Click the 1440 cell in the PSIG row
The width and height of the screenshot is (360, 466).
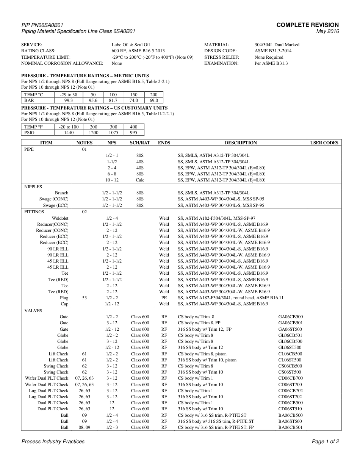pyautogui.click(x=69, y=133)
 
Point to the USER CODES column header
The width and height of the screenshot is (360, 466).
pyautogui.click(x=324, y=143)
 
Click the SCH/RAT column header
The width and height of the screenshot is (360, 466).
pyautogui.click(x=140, y=143)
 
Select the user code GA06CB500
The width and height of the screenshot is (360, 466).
pyautogui.click(x=290, y=317)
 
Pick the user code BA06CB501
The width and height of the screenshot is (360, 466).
pyautogui.click(x=290, y=427)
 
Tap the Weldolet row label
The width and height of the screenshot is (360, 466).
pyautogui.click(x=60, y=218)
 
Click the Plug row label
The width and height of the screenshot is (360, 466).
pyautogui.click(x=64, y=298)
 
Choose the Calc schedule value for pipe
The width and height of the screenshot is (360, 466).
pyautogui.click(x=140, y=180)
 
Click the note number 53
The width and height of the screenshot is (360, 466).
pyautogui.click(x=84, y=298)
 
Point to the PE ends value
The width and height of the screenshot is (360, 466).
pyautogui.click(x=164, y=298)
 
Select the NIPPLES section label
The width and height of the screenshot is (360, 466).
pyautogui.click(x=33, y=187)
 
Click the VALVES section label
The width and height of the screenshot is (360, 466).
pyautogui.click(x=33, y=311)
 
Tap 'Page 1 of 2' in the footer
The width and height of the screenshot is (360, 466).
pyautogui.click(x=325, y=441)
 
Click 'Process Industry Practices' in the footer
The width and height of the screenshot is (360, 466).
pyautogui.click(x=53, y=441)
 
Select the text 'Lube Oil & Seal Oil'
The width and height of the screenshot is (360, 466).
pyautogui.click(x=130, y=45)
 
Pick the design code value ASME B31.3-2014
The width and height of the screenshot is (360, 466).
pyautogui.click(x=273, y=51)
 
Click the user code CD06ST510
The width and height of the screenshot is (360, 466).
pyautogui.click(x=290, y=409)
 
